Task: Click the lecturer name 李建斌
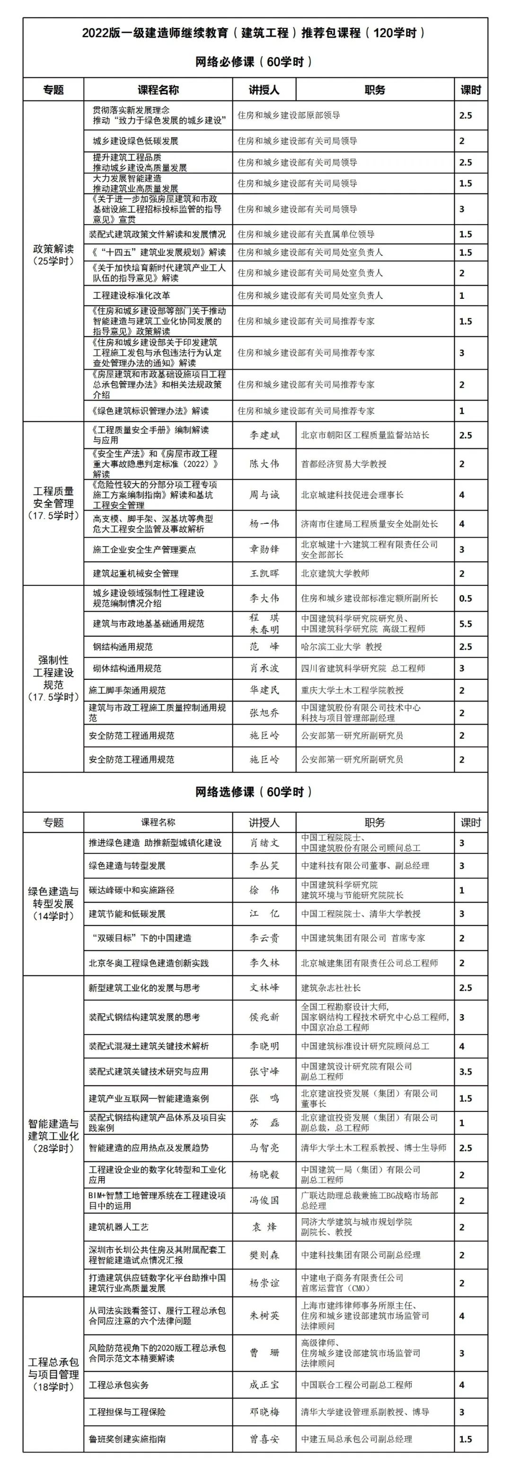264,435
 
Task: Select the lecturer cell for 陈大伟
264,464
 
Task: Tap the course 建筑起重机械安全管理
135,573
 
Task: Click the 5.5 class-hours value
465,624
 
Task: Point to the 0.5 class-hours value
465,598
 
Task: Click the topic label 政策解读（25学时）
53,255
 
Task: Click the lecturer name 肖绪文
264,843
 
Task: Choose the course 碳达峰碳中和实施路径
131,890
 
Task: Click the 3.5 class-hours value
465,1072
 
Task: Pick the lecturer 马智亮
264,1147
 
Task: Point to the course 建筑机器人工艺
118,1227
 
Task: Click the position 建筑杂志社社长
331,988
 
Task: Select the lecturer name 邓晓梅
264,1412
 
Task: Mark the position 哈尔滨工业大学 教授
341,647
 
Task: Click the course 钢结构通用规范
123,647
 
